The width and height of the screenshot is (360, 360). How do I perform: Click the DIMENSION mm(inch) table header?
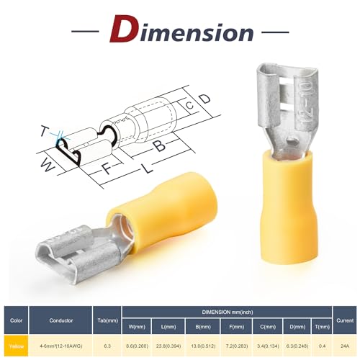coord(227,312)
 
